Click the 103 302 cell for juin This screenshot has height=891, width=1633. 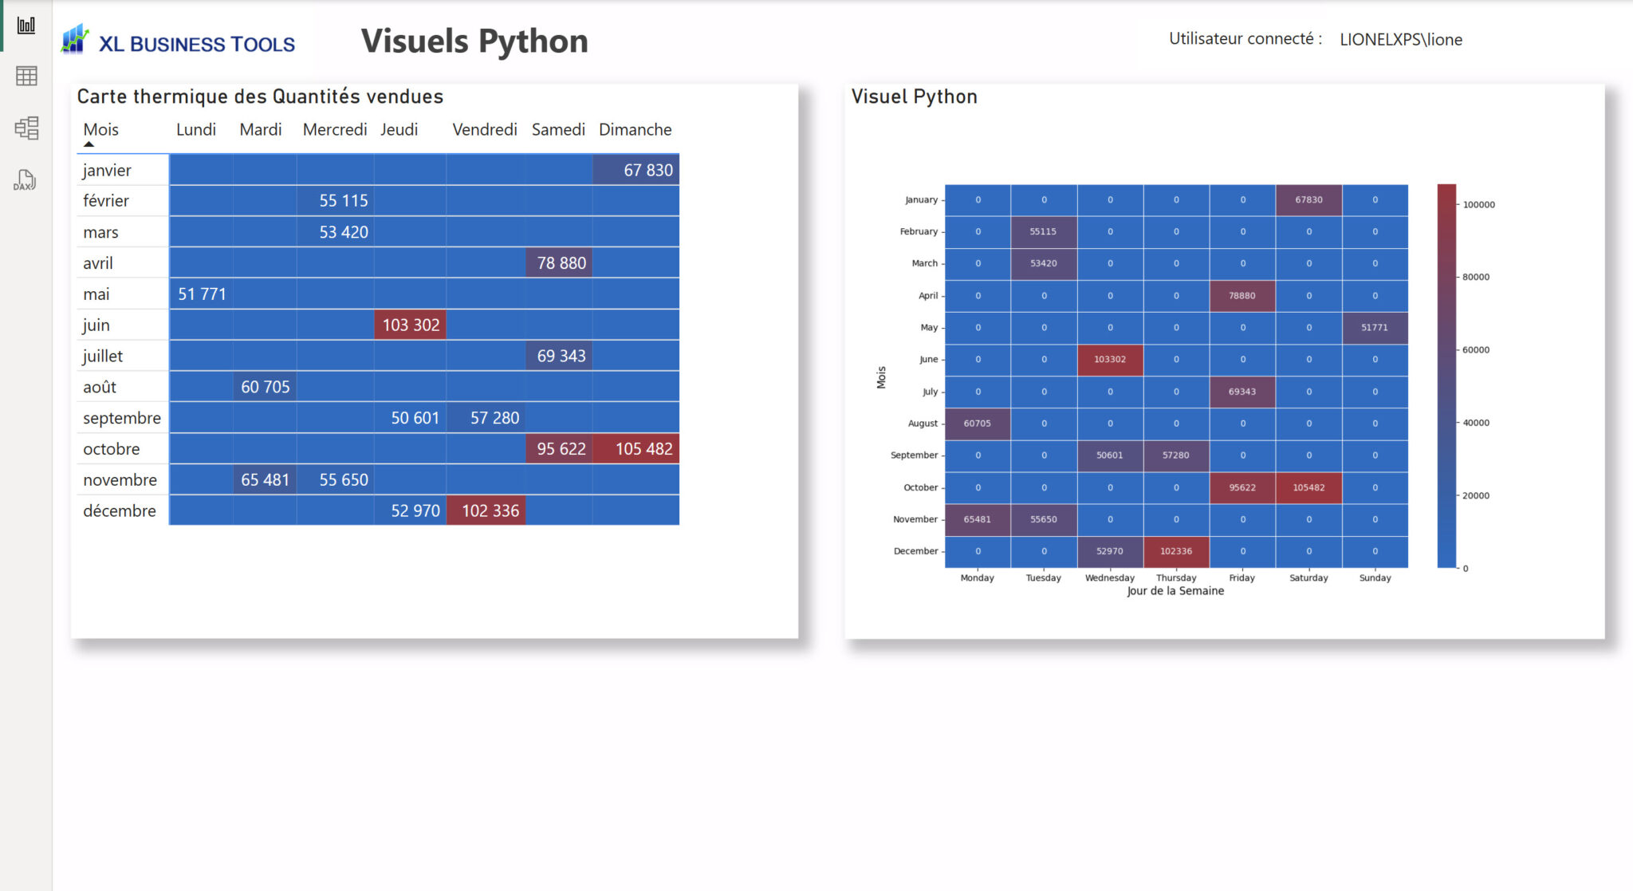pos(410,325)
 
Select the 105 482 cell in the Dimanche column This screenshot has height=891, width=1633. pos(635,448)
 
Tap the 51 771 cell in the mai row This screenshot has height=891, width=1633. pos(201,294)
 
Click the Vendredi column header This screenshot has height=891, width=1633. pos(484,129)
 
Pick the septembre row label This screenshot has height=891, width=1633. pos(121,418)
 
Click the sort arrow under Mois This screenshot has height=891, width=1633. pos(89,144)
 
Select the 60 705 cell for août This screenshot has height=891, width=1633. pos(265,387)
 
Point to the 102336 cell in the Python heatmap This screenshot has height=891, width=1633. pos(1175,551)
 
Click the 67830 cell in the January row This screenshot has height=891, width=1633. pos(1308,200)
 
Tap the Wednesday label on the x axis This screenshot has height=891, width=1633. pos(1109,578)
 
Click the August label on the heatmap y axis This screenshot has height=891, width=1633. pos(923,424)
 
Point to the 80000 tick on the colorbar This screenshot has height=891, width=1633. pos(1475,277)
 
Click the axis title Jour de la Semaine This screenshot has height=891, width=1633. pos(1175,591)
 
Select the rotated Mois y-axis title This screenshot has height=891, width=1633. pos(881,377)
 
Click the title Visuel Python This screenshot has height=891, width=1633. pos(914,97)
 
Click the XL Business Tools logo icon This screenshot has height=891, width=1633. pos(75,40)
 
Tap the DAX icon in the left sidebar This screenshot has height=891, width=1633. pos(26,180)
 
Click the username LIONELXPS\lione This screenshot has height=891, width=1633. pos(1400,40)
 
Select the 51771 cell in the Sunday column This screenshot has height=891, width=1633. pos(1374,328)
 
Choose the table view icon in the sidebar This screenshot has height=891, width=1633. pos(26,77)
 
